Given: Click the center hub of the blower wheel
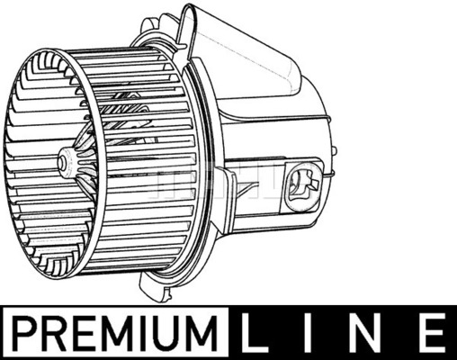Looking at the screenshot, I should click(x=65, y=163).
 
